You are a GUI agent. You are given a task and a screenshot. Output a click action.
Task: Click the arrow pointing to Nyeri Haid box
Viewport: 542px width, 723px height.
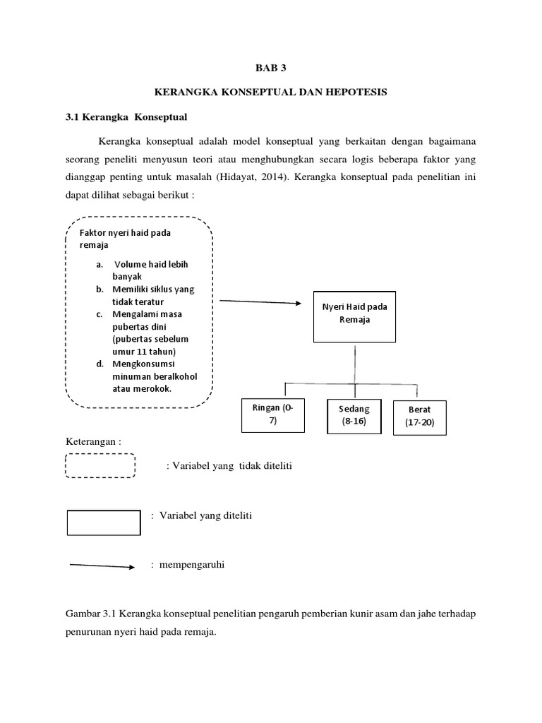click(x=260, y=301)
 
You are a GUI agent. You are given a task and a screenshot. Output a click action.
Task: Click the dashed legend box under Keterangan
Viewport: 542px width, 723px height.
click(x=100, y=466)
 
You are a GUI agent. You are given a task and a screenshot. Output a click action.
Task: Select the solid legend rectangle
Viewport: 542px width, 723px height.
click(x=103, y=522)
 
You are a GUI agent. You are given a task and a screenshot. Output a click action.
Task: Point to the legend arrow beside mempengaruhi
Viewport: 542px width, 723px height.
click(x=102, y=566)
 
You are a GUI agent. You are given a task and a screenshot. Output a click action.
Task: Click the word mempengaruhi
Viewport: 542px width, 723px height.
click(x=192, y=566)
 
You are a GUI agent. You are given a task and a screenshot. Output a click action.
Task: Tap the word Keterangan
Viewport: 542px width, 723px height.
click(x=94, y=441)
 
